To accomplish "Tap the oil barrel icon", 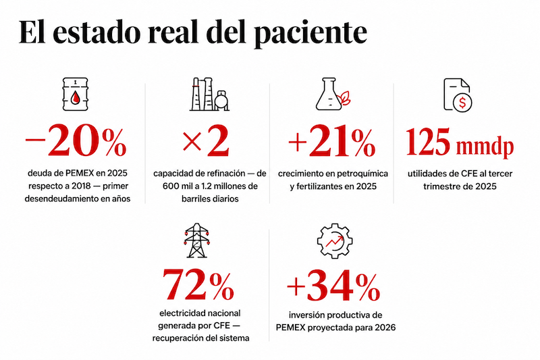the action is tap(75, 94).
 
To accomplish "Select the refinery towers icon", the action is tap(209, 94).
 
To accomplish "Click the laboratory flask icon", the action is tap(333, 94).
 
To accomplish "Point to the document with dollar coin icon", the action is tap(458, 95).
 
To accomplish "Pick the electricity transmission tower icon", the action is tap(196, 240).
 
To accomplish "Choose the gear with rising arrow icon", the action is tap(334, 241).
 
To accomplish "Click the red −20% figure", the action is tap(76, 142).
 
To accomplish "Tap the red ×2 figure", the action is tap(206, 142).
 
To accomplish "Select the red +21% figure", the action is tap(332, 143).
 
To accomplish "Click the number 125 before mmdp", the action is tap(428, 141).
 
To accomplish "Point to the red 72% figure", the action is tap(198, 284).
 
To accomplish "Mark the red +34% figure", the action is tap(333, 286).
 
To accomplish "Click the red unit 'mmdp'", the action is tap(485, 147).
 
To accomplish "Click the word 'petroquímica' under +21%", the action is tap(362, 174).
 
